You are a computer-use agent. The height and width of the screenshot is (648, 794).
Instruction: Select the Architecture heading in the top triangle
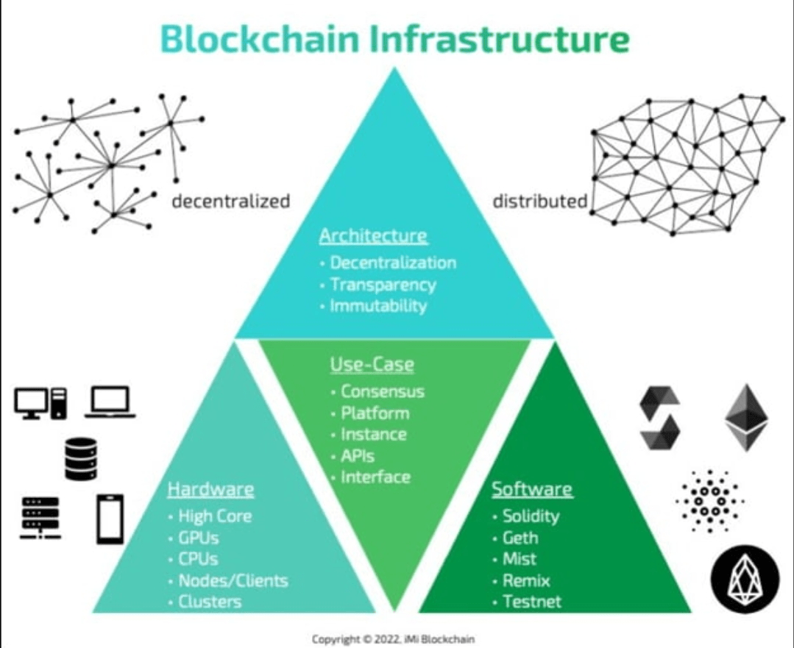pyautogui.click(x=373, y=236)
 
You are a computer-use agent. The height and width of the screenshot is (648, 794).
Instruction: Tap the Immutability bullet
pyautogui.click(x=377, y=306)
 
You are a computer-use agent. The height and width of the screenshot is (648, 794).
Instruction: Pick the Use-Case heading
pyautogui.click(x=372, y=364)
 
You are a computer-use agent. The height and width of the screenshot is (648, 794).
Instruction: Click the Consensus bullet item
pyautogui.click(x=382, y=391)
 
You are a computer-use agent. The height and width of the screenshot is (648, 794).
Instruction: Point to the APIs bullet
pyautogui.click(x=357, y=456)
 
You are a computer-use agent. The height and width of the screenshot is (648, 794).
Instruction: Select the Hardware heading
pyautogui.click(x=210, y=489)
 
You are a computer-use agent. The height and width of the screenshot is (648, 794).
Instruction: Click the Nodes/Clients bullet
pyautogui.click(x=233, y=580)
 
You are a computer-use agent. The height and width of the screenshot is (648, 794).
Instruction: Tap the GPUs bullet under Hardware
pyautogui.click(x=198, y=538)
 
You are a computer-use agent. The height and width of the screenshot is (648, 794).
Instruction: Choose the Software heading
pyautogui.click(x=532, y=489)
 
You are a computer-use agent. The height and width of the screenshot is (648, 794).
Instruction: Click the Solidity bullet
pyautogui.click(x=530, y=516)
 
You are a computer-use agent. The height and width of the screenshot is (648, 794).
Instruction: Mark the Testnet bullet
pyautogui.click(x=531, y=602)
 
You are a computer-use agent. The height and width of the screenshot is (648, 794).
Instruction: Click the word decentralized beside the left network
pyautogui.click(x=231, y=201)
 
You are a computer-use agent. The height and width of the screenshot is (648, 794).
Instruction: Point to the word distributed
pyautogui.click(x=539, y=201)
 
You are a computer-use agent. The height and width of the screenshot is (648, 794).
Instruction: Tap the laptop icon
pyautogui.click(x=110, y=402)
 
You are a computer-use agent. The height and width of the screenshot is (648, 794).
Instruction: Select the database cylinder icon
pyautogui.click(x=80, y=459)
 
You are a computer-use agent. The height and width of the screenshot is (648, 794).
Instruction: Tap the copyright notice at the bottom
pyautogui.click(x=397, y=639)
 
